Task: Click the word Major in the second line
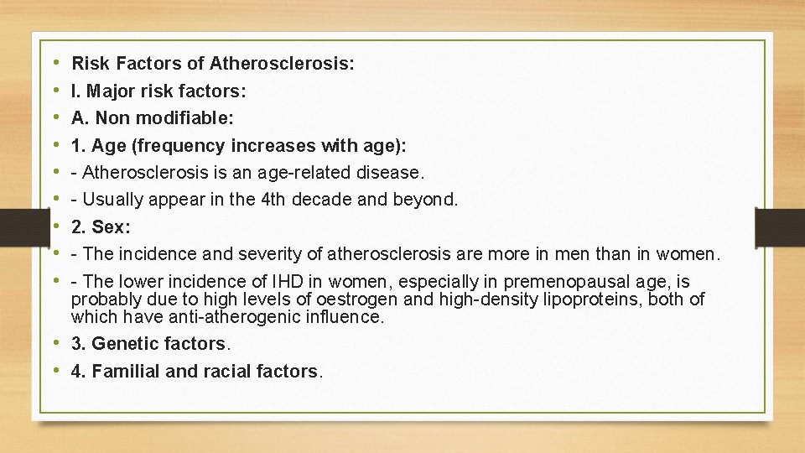pos(106,91)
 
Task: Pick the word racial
pos(226,372)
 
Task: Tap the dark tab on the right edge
pos(779,226)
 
